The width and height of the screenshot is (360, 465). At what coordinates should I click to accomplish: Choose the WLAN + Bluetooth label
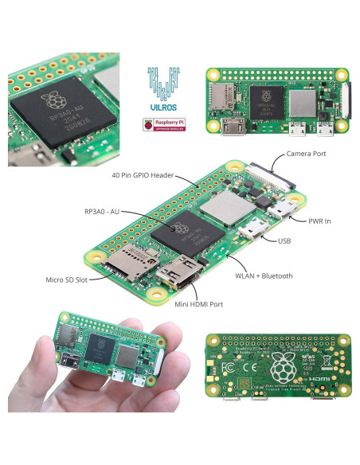click(264, 275)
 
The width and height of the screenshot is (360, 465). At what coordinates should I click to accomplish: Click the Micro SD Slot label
click(67, 279)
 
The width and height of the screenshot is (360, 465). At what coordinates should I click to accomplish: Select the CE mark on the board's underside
click(248, 370)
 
